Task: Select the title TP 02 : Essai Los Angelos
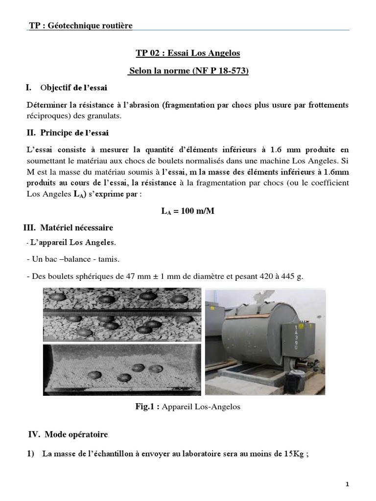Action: tap(188, 53)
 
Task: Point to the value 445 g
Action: tap(292, 276)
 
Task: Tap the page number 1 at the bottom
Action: tap(347, 484)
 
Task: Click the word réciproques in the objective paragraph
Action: tap(48, 116)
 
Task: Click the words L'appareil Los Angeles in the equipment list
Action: tap(73, 243)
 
